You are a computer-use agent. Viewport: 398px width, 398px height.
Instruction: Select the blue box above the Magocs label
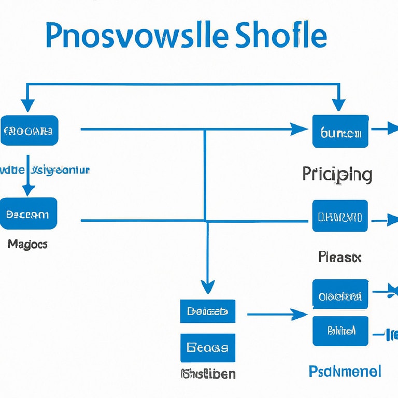29,213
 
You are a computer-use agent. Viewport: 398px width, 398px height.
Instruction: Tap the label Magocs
27,244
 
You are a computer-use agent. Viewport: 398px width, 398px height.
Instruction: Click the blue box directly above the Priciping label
340,131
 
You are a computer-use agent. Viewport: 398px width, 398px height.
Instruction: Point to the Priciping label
337,175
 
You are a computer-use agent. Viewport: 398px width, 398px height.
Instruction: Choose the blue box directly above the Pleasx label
340,216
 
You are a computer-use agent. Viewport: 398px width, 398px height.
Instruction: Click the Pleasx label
339,257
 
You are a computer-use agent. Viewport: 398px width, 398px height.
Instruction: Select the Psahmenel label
345,371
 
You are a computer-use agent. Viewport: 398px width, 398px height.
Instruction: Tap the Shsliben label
208,373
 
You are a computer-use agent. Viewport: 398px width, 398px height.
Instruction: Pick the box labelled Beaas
207,348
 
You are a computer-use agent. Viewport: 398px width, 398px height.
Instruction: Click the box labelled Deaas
207,311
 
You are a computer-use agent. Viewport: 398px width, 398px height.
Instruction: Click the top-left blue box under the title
30,130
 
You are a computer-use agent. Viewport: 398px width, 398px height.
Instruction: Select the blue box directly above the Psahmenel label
340,331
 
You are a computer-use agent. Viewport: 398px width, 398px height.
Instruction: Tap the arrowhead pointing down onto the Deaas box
207,287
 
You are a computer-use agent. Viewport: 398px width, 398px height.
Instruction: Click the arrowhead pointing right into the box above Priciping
300,129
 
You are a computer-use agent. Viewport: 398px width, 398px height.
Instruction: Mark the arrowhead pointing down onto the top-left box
27,106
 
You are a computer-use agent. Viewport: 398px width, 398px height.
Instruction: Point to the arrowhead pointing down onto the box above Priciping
339,106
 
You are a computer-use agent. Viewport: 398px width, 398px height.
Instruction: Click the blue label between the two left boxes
46,170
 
